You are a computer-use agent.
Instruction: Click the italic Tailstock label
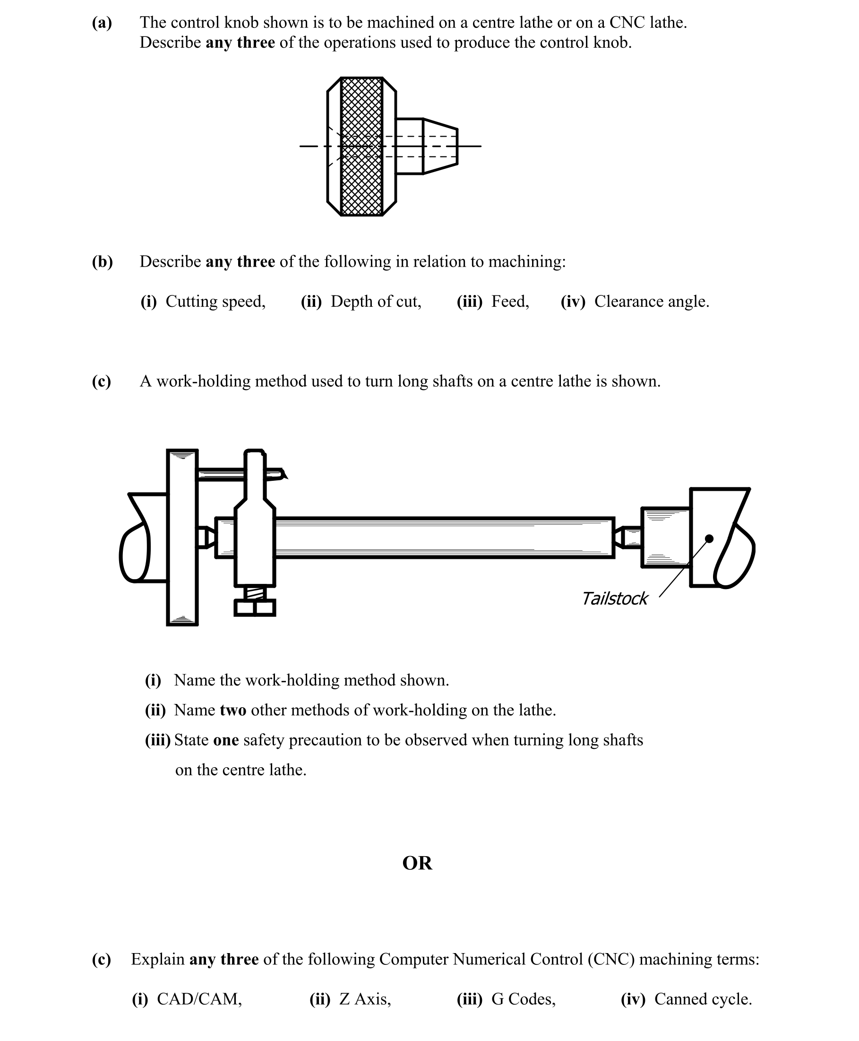(x=614, y=599)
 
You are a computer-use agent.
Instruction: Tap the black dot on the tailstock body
(x=709, y=538)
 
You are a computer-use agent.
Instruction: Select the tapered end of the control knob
(x=440, y=147)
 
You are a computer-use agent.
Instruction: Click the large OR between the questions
(x=417, y=863)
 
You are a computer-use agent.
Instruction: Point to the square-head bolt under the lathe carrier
(x=254, y=607)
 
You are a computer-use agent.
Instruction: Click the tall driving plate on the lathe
(x=182, y=537)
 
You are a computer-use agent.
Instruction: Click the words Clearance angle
(x=651, y=302)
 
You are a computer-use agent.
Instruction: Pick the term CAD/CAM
(x=199, y=999)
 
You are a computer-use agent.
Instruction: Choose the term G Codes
(x=523, y=999)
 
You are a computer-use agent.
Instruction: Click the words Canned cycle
(x=703, y=999)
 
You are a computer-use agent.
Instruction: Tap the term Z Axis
(x=365, y=999)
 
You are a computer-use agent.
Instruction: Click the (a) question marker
(x=102, y=23)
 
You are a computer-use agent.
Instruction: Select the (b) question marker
(x=102, y=262)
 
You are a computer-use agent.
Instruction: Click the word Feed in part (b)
(x=510, y=302)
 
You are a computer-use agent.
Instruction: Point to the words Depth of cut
(x=376, y=302)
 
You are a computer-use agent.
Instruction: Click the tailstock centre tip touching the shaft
(x=618, y=537)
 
